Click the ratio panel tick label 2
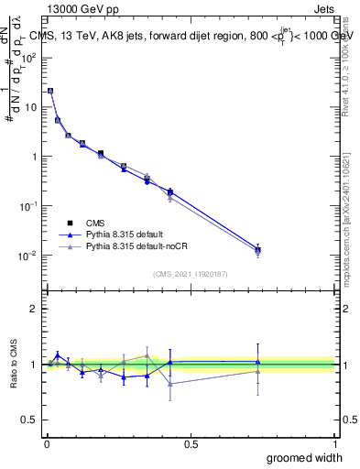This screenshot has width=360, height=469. (35, 309)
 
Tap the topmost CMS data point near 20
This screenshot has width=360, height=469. (50, 91)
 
